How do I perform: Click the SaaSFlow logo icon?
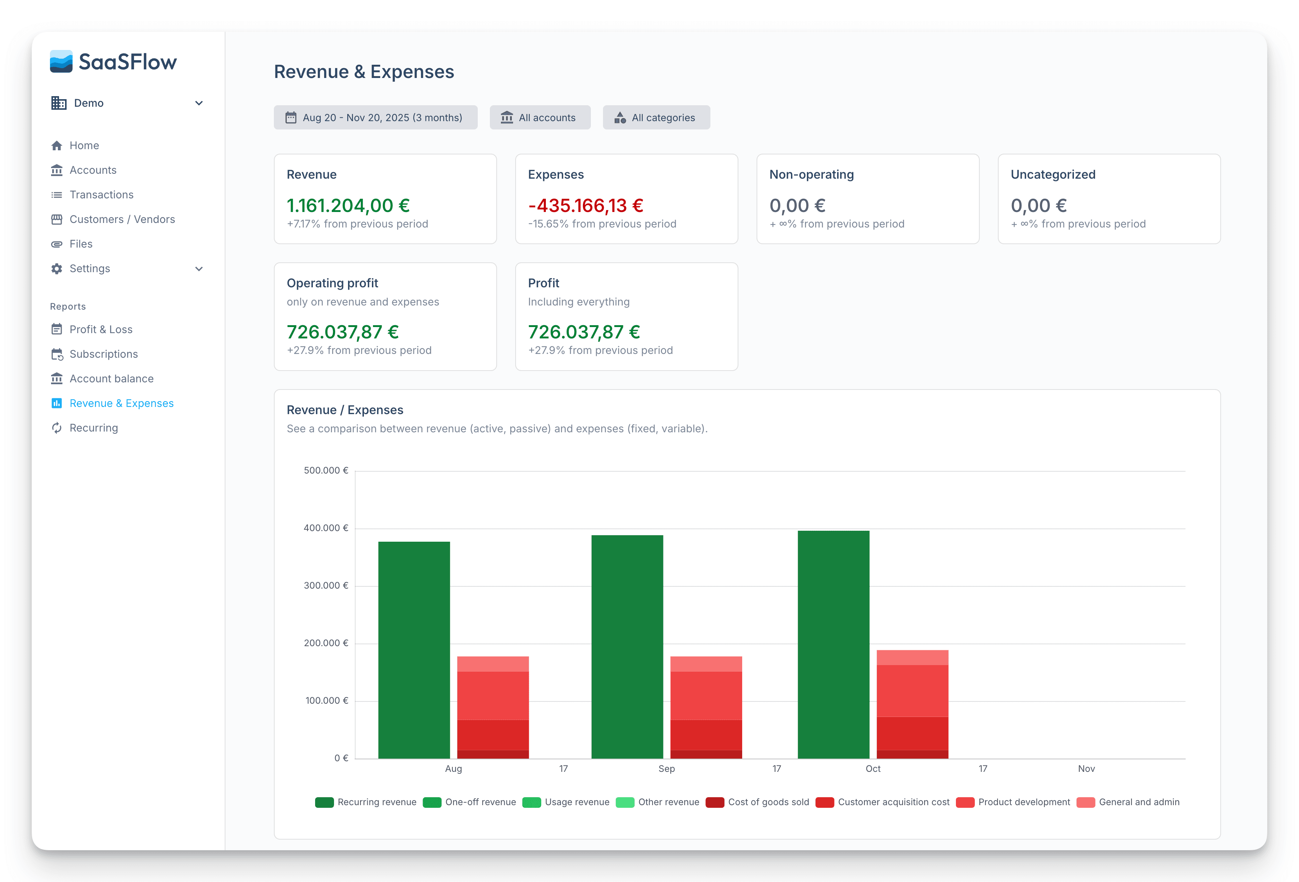pos(61,62)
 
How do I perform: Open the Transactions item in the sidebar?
pos(101,195)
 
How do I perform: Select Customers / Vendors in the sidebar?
pos(122,219)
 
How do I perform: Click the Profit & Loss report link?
pos(101,329)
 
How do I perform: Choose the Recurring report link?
pos(93,428)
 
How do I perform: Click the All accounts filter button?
pos(539,117)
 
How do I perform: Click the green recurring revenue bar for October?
pos(833,643)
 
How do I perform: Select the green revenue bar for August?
pos(413,649)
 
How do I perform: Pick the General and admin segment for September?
pos(705,664)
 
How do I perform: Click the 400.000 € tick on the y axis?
pos(325,528)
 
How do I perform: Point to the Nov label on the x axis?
pos(1086,768)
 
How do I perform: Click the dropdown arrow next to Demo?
pos(199,103)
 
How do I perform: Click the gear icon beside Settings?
pos(56,268)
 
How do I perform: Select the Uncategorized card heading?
pos(1052,175)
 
